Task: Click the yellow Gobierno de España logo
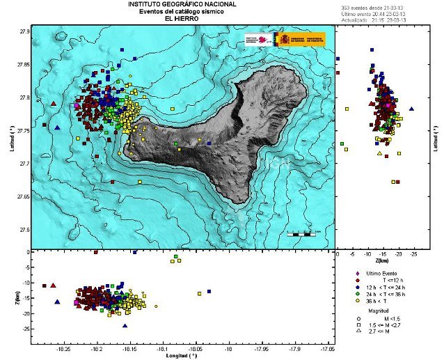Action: (x=300, y=39)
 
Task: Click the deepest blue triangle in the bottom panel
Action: (x=125, y=325)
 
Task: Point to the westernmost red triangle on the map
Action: (x=54, y=103)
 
